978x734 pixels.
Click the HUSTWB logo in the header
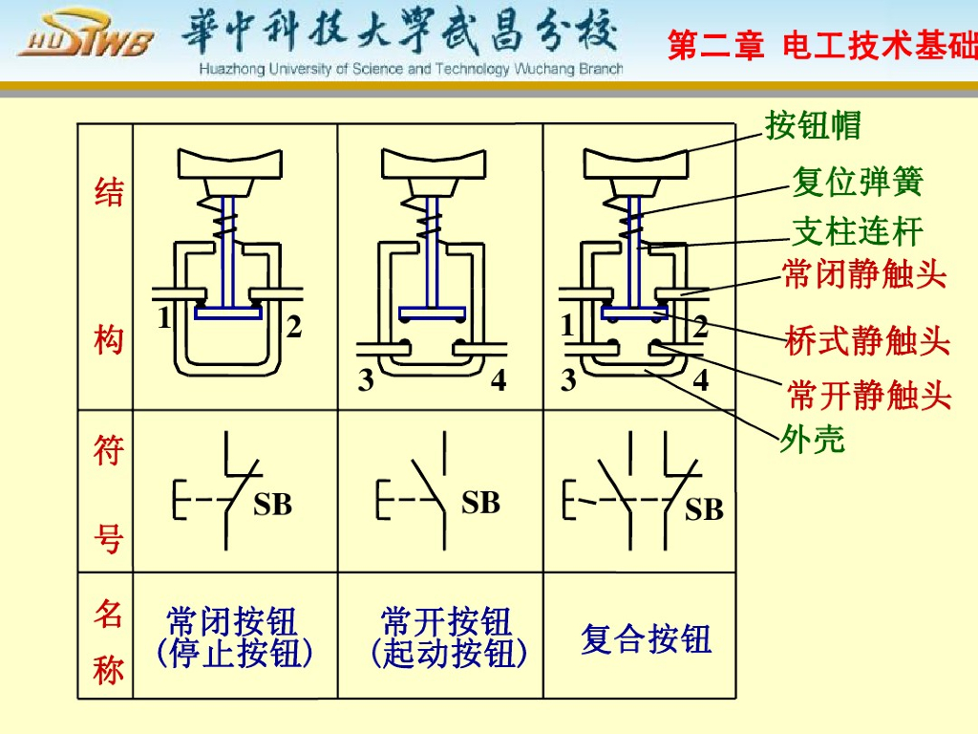pos(85,41)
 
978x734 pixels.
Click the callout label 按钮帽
pos(813,125)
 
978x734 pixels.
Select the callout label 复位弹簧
pos(858,181)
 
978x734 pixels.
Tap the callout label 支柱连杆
pos(858,231)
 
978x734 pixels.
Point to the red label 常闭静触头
pos(864,276)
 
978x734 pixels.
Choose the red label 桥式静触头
pos(867,340)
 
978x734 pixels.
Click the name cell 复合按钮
pos(647,638)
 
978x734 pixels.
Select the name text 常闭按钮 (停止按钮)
pos(233,637)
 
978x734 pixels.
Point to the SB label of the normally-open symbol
pos(480,503)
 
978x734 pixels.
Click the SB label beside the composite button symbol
pos(704,510)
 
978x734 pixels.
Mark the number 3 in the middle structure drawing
pos(366,381)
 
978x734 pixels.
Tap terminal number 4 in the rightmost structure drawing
pos(701,380)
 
